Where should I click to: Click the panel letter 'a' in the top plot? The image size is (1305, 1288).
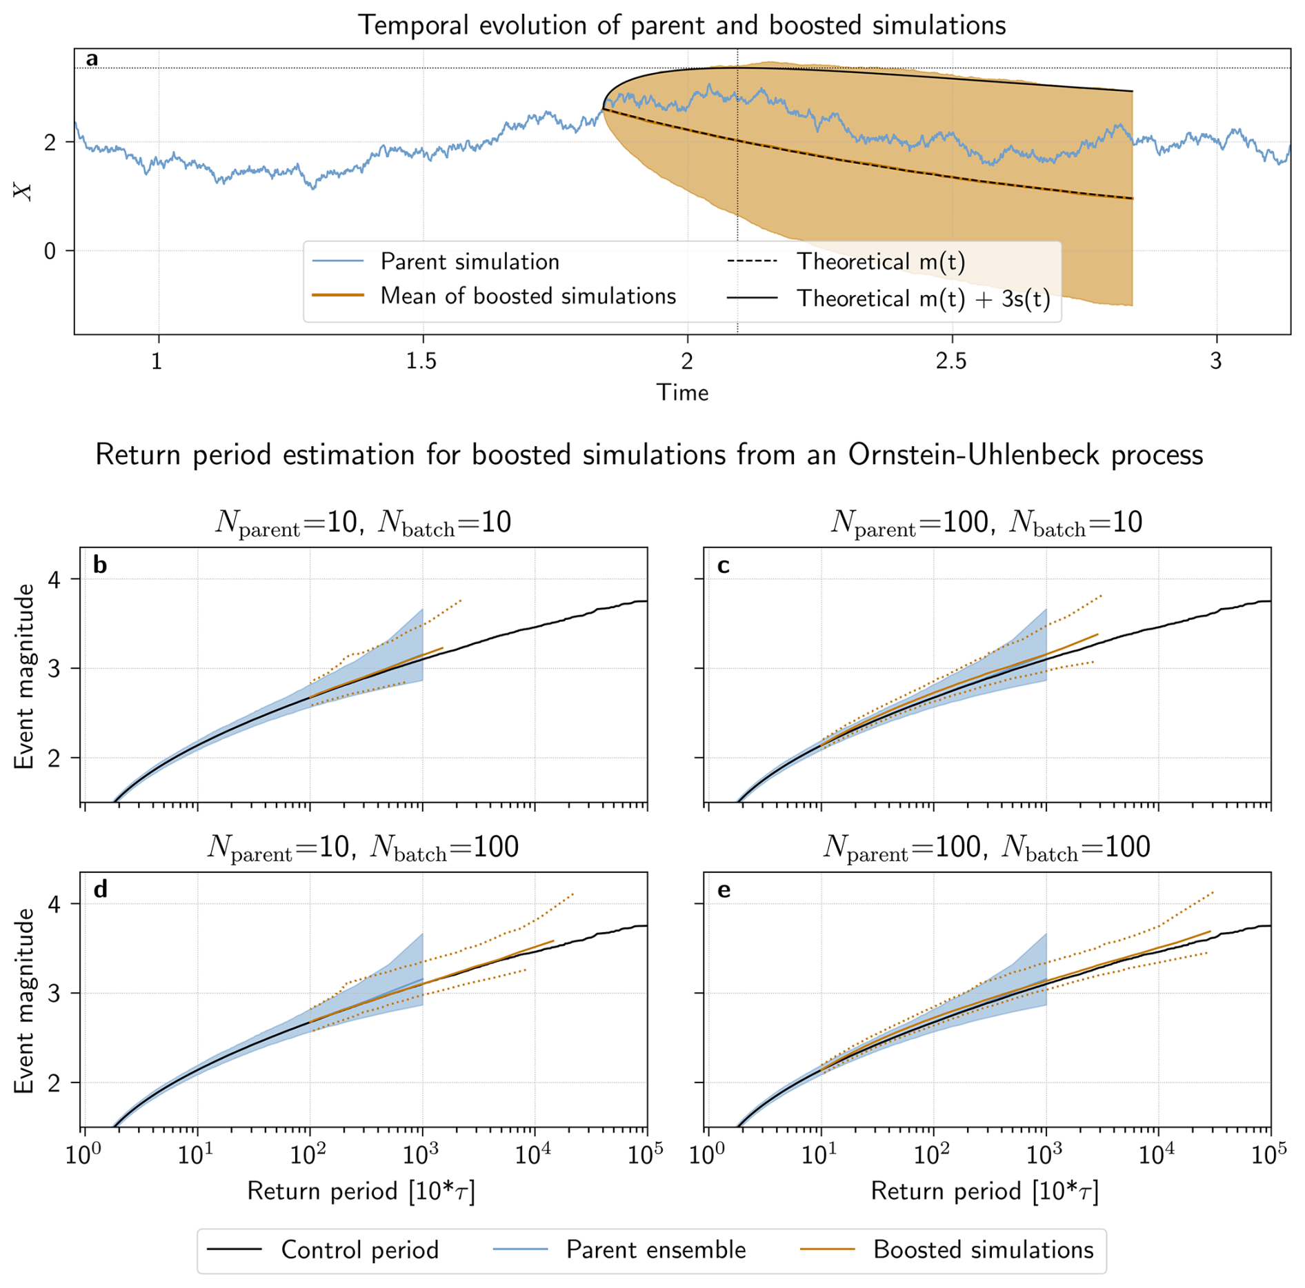click(x=92, y=60)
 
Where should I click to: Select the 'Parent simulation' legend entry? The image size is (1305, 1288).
click(x=469, y=261)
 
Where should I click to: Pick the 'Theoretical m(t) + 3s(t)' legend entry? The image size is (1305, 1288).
click(x=923, y=299)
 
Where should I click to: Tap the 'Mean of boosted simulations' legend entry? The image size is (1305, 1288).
click(x=528, y=296)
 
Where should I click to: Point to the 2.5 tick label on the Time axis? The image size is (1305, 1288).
click(x=951, y=361)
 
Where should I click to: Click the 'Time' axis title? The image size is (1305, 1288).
click(x=682, y=392)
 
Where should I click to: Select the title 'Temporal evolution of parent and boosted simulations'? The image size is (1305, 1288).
click(x=681, y=26)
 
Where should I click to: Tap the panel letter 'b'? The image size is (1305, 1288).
click(x=100, y=565)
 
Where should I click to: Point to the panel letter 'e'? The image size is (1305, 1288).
click(x=724, y=890)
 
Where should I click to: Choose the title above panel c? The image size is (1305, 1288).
click(x=986, y=522)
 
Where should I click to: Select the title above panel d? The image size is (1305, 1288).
click(x=363, y=847)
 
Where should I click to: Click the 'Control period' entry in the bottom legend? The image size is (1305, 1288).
click(x=359, y=1249)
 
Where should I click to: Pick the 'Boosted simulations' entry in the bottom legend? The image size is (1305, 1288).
click(x=983, y=1249)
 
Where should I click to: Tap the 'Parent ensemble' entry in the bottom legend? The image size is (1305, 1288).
click(x=655, y=1249)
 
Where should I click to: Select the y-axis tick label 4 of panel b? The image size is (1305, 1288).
click(x=54, y=579)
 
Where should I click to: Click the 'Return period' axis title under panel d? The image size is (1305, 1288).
click(x=361, y=1191)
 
